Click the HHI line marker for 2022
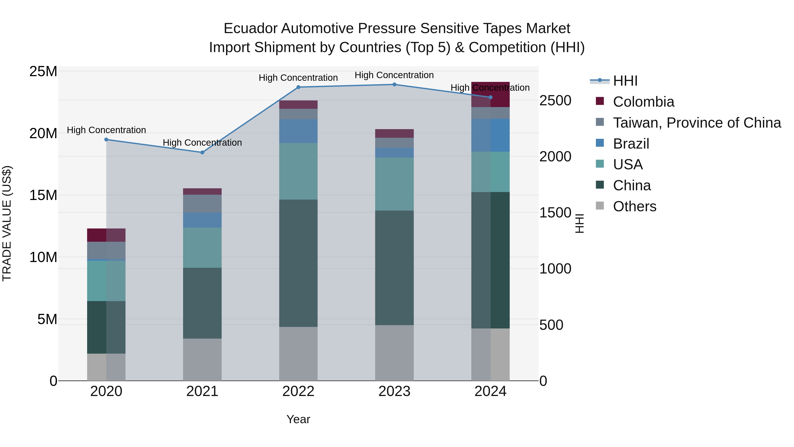coord(298,87)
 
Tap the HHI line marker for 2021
coord(202,152)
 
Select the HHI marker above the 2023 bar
coord(394,85)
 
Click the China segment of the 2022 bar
coord(298,263)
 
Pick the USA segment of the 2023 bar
coord(394,184)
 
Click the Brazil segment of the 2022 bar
coord(298,131)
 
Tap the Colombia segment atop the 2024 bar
coord(490,94)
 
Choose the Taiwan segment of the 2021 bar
coord(202,204)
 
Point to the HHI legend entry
coord(625,81)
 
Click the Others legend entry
coord(634,206)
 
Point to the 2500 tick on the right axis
coord(555,101)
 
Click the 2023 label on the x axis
coord(394,391)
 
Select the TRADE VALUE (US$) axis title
coord(7,223)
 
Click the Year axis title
coord(298,419)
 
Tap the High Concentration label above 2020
coord(106,130)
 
